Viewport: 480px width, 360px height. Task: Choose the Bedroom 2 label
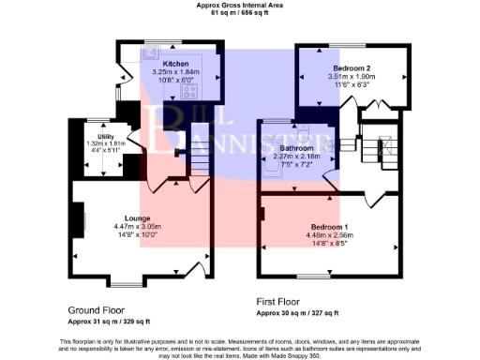click(x=350, y=69)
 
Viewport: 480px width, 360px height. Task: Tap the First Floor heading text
click(x=290, y=302)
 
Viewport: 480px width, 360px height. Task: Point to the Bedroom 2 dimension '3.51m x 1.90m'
click(x=350, y=78)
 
